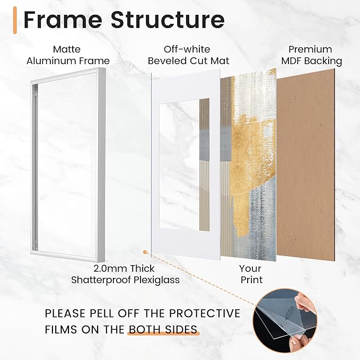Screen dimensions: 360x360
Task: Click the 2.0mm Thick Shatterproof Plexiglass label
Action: pos(126,274)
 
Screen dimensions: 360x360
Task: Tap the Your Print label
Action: pos(251,274)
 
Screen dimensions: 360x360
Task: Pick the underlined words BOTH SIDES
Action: pos(163,330)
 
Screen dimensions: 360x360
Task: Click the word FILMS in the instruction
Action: pos(60,330)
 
